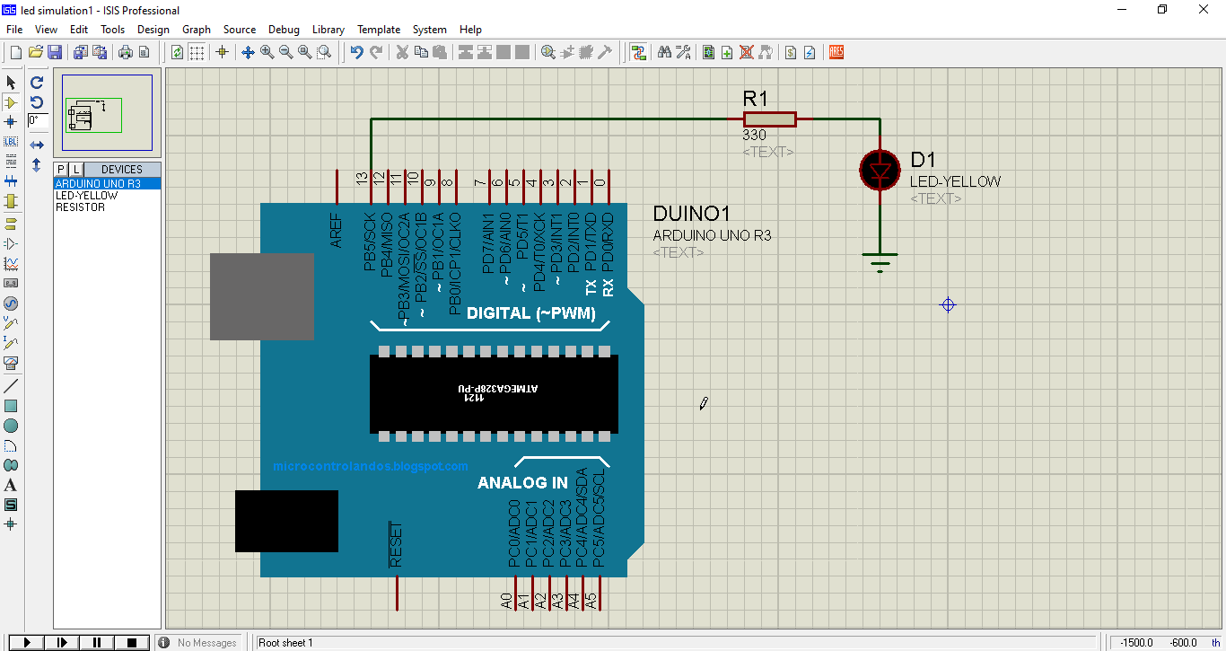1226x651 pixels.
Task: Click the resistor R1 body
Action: (x=769, y=119)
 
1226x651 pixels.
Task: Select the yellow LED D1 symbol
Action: (x=880, y=170)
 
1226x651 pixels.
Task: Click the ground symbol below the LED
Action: (x=880, y=262)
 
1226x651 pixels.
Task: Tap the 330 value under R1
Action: (x=754, y=136)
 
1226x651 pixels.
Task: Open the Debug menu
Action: (x=284, y=30)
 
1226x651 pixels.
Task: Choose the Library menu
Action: (x=328, y=30)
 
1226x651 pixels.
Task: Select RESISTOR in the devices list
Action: (x=80, y=207)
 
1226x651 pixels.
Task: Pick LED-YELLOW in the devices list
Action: (x=86, y=196)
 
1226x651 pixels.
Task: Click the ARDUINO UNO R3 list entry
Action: (x=98, y=184)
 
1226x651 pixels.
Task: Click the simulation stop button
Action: (x=132, y=642)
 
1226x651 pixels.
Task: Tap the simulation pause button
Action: (x=97, y=642)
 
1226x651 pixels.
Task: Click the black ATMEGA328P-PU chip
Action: (x=494, y=393)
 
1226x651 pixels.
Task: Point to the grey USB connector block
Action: (x=261, y=296)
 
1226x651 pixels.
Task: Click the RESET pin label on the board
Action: (x=396, y=544)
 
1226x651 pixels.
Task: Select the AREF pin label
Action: (x=337, y=231)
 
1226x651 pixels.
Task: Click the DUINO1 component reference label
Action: (x=691, y=214)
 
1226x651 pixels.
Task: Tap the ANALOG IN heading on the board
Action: (x=522, y=483)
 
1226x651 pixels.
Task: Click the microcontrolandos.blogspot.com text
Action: (x=370, y=466)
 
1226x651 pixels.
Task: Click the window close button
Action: (x=1204, y=10)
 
